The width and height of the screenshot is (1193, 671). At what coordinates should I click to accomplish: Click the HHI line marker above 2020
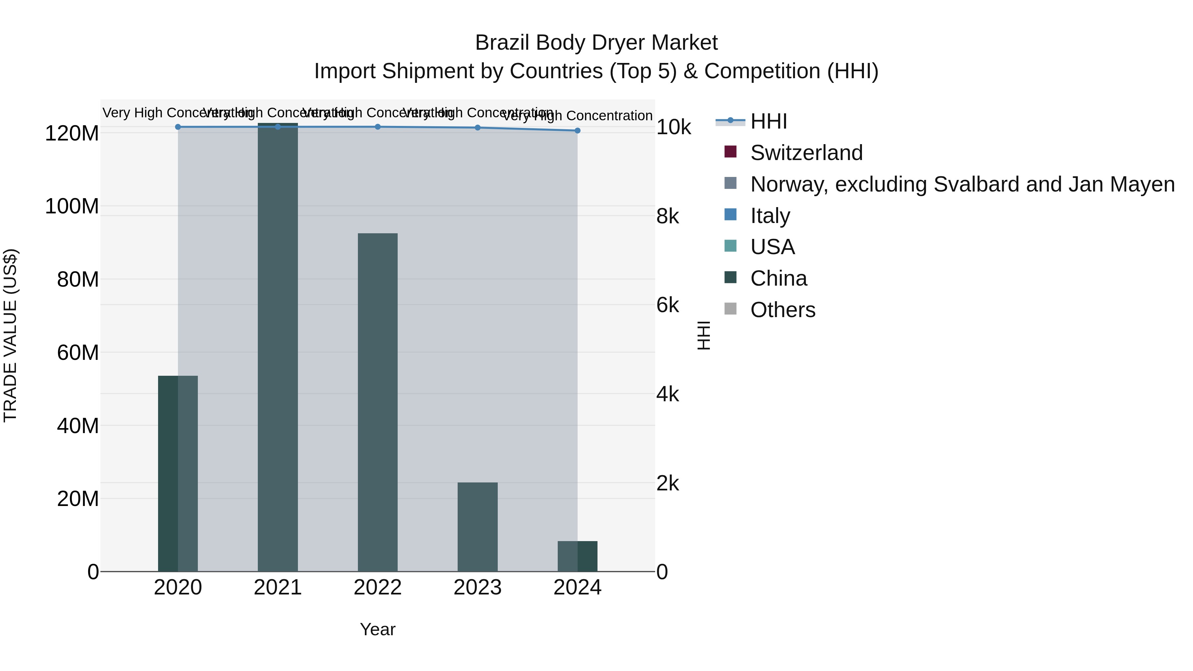pyautogui.click(x=178, y=127)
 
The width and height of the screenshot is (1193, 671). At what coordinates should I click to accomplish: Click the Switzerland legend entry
pyautogui.click(x=806, y=153)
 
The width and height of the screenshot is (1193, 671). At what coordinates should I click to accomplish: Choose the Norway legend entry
pyautogui.click(x=962, y=184)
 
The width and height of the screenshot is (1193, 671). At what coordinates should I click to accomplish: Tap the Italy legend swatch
pyautogui.click(x=730, y=215)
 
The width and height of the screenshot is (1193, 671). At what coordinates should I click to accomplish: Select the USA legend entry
pyautogui.click(x=772, y=247)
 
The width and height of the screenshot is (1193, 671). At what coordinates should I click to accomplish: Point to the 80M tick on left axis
pyautogui.click(x=78, y=280)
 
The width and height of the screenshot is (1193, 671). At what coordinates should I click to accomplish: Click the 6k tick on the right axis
pyautogui.click(x=667, y=306)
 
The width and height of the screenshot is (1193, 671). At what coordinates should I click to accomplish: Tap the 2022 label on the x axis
pyautogui.click(x=377, y=587)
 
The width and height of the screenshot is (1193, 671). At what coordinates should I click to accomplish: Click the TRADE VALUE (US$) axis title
pyautogui.click(x=10, y=335)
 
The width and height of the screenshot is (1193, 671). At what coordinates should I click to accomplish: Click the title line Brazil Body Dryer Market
pyautogui.click(x=596, y=43)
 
